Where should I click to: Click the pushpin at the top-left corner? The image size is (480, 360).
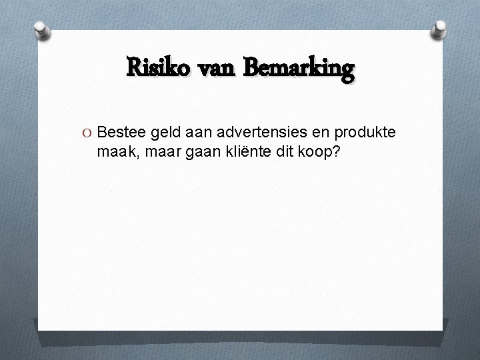coord(41,29)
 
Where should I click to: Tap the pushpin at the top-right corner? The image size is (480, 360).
coord(439,29)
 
